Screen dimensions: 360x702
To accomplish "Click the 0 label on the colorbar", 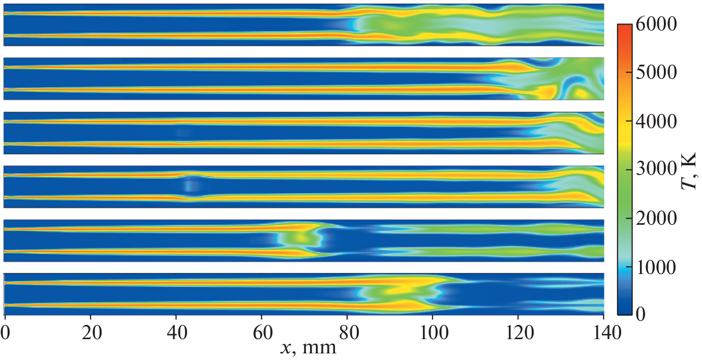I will (642, 315).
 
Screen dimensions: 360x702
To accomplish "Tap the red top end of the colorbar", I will (625, 27).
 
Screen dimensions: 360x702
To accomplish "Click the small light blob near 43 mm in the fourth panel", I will (189, 186).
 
